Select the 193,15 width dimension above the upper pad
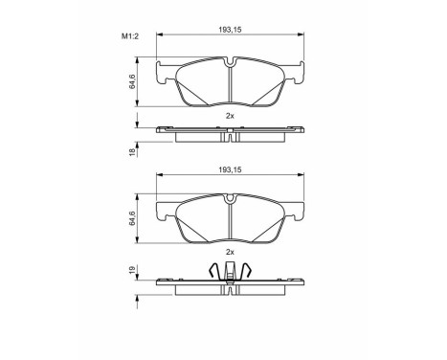tap(230, 32)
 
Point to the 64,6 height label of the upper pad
tap(134, 81)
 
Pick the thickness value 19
tap(134, 272)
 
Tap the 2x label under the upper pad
tap(230, 115)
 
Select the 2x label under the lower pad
tap(230, 251)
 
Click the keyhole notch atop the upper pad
tap(231, 64)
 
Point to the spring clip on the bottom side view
tap(231, 272)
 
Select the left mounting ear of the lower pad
tap(167, 209)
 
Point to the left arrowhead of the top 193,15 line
tap(160, 37)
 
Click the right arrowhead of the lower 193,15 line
tap(302, 174)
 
